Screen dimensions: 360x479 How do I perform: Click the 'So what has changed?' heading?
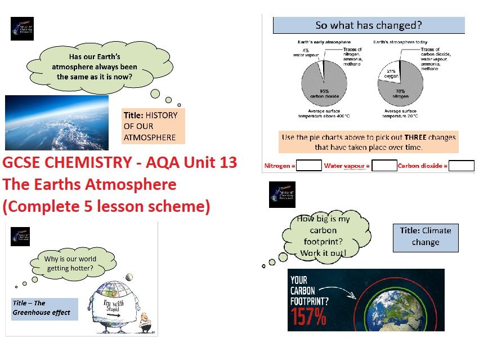369,25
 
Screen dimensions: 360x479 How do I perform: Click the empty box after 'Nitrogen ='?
309,166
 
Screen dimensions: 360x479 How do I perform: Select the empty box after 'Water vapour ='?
384,166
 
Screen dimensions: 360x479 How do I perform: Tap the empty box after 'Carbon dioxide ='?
462,166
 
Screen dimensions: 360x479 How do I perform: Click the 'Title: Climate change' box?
426,236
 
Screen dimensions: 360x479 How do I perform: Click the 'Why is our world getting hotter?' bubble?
71,263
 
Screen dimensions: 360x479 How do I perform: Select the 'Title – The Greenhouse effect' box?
44,308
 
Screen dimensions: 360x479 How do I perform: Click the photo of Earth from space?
56,122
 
